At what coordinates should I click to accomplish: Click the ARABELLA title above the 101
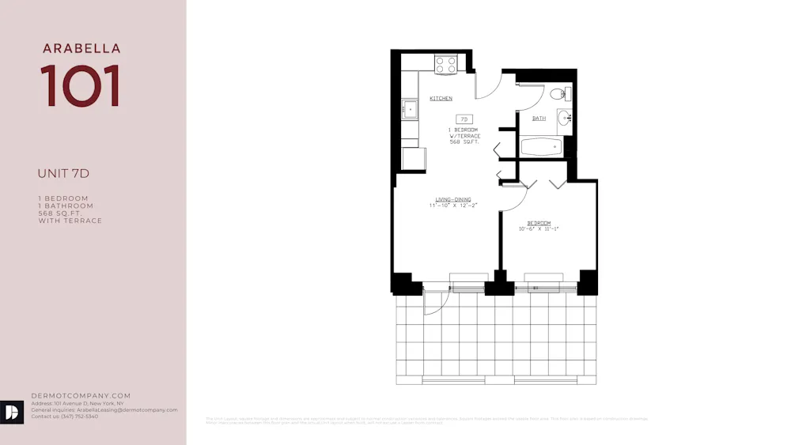pyautogui.click(x=81, y=49)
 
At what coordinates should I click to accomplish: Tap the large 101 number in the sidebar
pyautogui.click(x=81, y=85)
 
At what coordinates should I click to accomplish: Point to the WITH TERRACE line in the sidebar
pyautogui.click(x=70, y=221)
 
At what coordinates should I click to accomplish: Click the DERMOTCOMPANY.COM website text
pyautogui.click(x=81, y=396)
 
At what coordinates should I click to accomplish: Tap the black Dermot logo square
pyautogui.click(x=11, y=411)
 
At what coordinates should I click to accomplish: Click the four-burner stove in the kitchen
pyautogui.click(x=446, y=64)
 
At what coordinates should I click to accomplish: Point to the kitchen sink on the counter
pyautogui.click(x=410, y=108)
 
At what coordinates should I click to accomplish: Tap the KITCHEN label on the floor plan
pyautogui.click(x=441, y=99)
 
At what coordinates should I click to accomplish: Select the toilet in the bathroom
pyautogui.click(x=559, y=94)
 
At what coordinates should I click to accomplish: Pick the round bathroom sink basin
pyautogui.click(x=564, y=118)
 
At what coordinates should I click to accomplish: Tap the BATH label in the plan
pyautogui.click(x=539, y=119)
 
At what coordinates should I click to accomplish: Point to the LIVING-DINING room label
pyautogui.click(x=454, y=199)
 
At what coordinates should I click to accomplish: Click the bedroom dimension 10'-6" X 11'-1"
pyautogui.click(x=539, y=229)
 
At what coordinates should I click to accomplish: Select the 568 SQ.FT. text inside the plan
pyautogui.click(x=465, y=142)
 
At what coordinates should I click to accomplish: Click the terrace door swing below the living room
pyautogui.click(x=436, y=300)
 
